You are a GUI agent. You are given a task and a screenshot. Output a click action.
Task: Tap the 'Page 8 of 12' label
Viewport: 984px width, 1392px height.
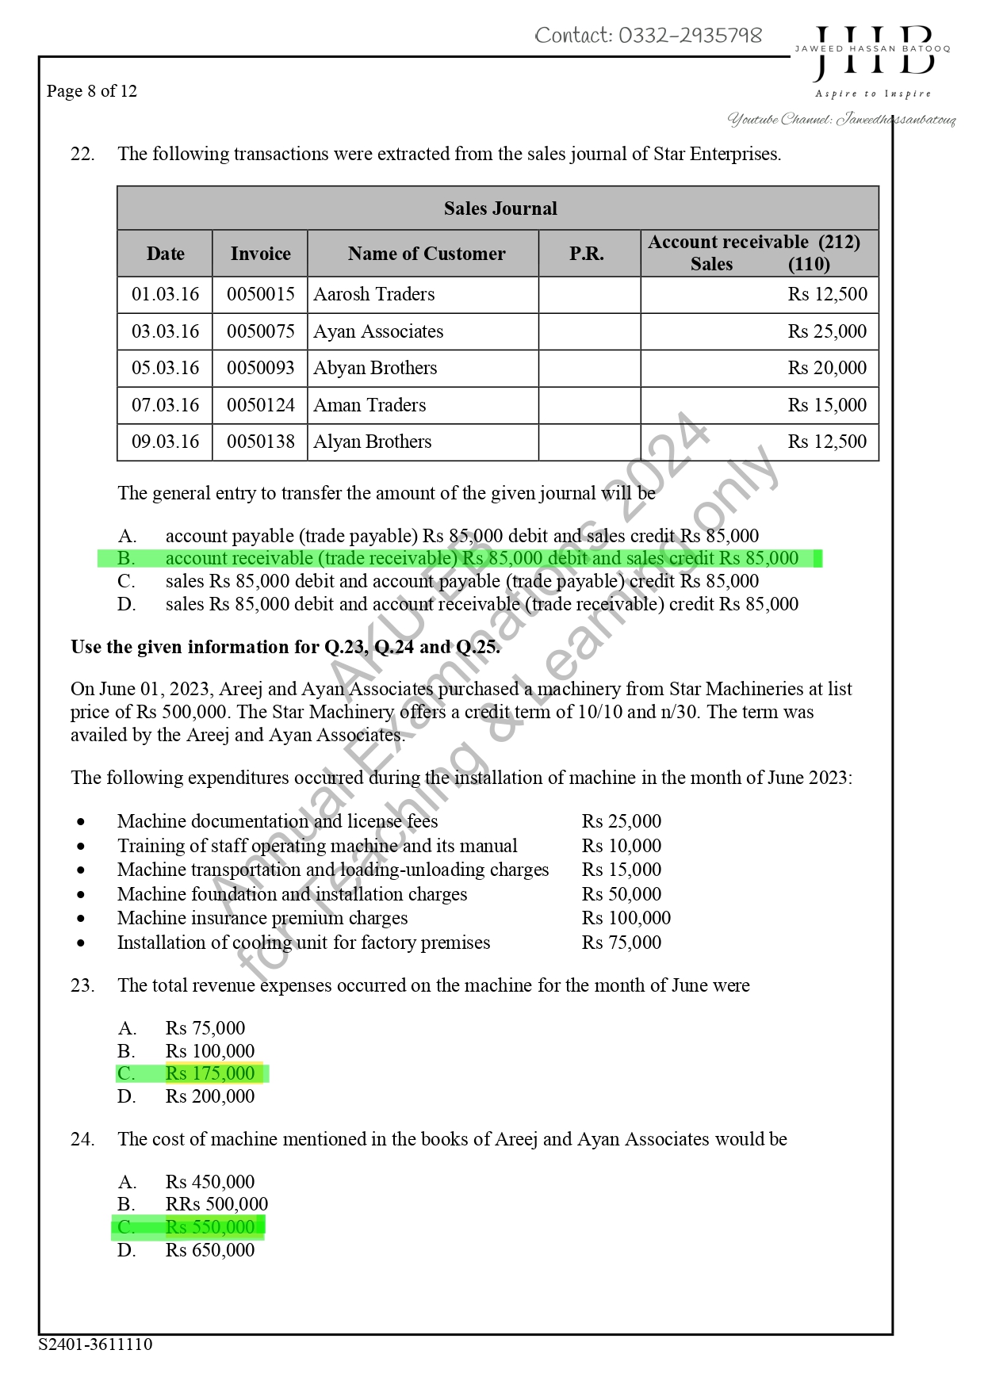coord(91,91)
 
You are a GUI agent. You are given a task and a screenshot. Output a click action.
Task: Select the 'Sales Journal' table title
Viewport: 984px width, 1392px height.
coord(500,208)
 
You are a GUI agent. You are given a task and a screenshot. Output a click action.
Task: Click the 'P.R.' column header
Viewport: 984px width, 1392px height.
coord(587,254)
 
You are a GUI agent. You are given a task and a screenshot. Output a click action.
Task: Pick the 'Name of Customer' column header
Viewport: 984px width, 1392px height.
coord(426,254)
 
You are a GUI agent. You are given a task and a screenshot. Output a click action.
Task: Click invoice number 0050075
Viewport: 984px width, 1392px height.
coord(260,331)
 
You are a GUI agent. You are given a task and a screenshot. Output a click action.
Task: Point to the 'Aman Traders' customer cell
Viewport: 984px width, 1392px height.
coord(369,405)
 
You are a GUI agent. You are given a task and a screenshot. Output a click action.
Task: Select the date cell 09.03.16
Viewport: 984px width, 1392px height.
coord(165,442)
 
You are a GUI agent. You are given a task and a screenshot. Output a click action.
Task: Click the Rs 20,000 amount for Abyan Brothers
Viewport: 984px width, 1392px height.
coord(827,368)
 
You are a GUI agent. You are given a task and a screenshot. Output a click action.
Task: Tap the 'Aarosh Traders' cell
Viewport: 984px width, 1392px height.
coord(374,294)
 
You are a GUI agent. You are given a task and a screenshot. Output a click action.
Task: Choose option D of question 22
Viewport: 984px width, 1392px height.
coord(481,604)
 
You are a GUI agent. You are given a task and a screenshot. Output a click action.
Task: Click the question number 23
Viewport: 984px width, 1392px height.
coord(82,985)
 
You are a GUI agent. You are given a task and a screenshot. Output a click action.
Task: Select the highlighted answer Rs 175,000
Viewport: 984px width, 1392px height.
coord(209,1073)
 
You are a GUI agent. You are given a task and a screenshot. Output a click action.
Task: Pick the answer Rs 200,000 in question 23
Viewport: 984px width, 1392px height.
coord(209,1096)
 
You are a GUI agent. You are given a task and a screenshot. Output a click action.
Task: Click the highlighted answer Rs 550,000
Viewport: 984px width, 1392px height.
coord(209,1227)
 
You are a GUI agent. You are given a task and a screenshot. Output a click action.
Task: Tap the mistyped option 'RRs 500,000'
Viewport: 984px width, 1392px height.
coord(216,1205)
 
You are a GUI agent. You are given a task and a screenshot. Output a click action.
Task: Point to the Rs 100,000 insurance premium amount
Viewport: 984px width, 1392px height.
coord(626,918)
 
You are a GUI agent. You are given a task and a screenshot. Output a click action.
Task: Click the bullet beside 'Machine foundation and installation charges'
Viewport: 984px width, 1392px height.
coord(82,894)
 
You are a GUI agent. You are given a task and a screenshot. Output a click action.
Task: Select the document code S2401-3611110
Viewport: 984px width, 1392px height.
coord(95,1344)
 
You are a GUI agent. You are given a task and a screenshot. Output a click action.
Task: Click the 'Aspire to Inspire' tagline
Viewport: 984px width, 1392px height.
coord(873,94)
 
